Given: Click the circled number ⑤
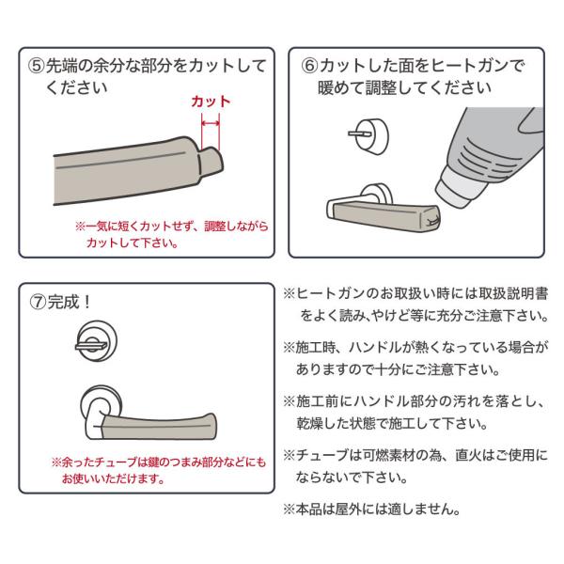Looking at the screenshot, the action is point(36,66).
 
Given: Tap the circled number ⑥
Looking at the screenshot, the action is point(309,66).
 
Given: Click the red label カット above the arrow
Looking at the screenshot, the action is point(211,102).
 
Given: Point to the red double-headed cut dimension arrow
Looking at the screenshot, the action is point(211,124).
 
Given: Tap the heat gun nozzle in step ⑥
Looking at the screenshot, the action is point(457,186).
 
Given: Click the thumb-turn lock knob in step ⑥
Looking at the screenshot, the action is point(369,134).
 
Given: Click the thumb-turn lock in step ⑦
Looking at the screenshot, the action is point(96,341).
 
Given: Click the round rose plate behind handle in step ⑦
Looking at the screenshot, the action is point(101,402).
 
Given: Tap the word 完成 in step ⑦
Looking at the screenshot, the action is point(63,302).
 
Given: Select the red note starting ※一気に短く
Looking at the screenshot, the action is point(172,234).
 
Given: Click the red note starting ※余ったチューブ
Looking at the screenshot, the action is point(159,470).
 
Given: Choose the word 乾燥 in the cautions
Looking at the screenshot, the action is point(310,423).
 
